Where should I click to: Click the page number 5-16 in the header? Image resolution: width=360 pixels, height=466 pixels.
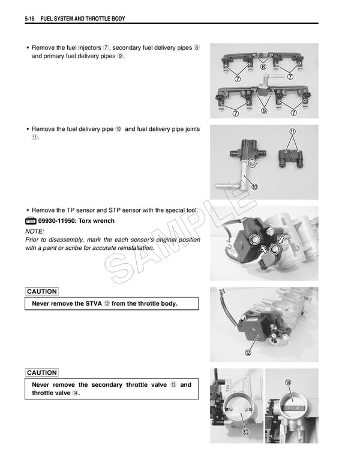30,19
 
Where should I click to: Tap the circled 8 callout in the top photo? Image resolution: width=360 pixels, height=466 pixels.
263,67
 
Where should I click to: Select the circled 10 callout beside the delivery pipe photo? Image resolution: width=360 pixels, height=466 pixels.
255,187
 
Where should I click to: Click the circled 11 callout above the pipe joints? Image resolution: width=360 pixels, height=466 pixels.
292,132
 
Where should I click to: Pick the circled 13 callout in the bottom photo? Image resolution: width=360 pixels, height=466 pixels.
245,433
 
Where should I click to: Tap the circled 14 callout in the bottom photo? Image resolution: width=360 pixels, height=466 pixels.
288,383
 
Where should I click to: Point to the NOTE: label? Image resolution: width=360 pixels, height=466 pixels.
35,231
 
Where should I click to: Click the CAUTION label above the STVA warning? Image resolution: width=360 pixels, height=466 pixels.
42,292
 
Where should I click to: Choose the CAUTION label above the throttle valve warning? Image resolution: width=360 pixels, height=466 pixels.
42,373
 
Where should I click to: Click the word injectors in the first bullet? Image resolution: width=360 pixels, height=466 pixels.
94,47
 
